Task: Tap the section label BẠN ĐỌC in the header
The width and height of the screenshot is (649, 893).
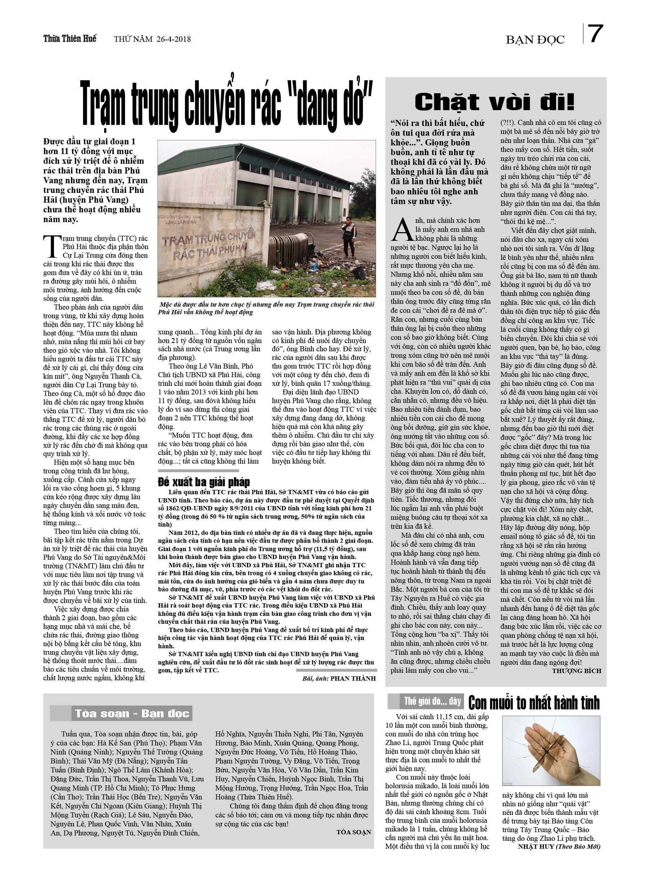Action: (535, 40)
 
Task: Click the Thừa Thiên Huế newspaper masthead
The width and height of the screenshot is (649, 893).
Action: (70, 39)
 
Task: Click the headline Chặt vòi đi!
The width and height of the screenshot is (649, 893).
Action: (494, 102)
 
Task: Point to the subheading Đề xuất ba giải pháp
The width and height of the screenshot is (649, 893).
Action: (204, 482)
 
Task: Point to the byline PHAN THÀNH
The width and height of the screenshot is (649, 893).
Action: (353, 678)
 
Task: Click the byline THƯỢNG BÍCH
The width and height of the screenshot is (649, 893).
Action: (576, 671)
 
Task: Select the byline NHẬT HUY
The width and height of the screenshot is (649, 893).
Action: (536, 846)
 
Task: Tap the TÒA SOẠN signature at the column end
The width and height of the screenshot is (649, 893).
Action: (353, 831)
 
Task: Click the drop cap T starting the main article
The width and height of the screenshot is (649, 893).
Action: (52, 247)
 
